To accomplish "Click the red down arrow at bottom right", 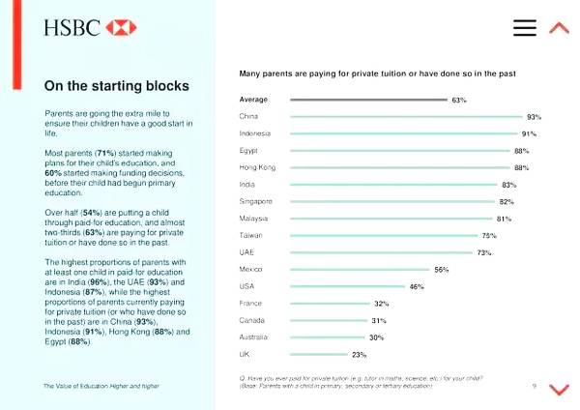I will coord(559,389).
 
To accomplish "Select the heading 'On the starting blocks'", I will coord(116,86).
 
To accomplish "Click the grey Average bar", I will coord(368,100).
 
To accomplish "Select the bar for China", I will coord(405,117).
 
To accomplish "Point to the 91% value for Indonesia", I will coord(530,133).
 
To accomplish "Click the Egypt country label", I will coord(247,151).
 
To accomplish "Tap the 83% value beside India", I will coord(508,185).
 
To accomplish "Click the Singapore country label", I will coord(256,201).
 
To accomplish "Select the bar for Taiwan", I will coord(384,235).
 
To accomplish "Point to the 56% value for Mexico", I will coord(442,270).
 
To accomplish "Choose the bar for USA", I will coord(347,286).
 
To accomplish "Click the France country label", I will coord(250,304).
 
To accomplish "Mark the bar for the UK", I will coord(318,354).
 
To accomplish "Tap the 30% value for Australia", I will coord(376,337).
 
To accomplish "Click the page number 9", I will coord(534,386).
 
